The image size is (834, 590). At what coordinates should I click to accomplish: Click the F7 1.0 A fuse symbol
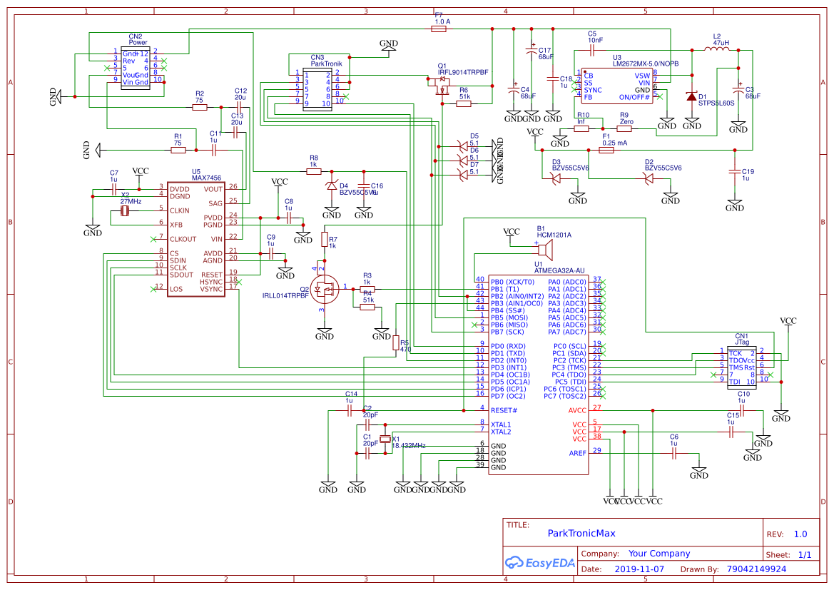pos(442,29)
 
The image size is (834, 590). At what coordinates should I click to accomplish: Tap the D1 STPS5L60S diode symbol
pos(691,97)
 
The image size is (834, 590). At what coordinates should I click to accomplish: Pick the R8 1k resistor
pos(313,172)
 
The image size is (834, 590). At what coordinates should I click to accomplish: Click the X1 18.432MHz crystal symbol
pos(386,440)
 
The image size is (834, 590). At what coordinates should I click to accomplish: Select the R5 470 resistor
pos(396,343)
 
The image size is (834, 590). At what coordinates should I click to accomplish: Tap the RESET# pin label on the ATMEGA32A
pos(504,410)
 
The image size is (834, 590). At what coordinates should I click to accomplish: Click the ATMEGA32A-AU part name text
pos(560,270)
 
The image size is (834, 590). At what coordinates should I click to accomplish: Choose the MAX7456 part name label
pos(206,178)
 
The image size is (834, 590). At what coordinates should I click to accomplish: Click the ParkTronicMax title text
pos(581,533)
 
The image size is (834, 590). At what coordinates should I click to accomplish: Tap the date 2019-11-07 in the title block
pos(639,569)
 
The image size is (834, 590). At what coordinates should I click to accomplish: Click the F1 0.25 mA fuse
pos(607,151)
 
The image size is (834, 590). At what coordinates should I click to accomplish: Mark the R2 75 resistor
pos(200,108)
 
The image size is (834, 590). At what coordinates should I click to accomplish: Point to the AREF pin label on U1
pos(578,453)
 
